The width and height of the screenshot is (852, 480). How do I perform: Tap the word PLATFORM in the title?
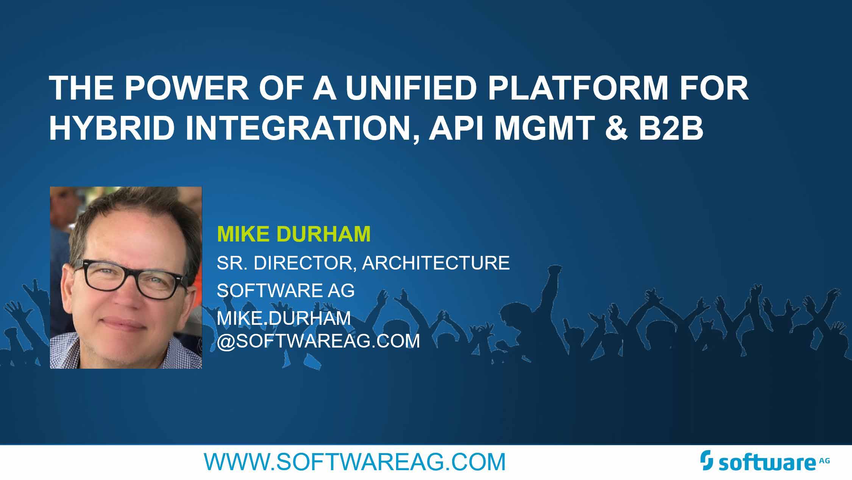pyautogui.click(x=578, y=88)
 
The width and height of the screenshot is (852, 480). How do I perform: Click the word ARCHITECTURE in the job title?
pyautogui.click(x=436, y=263)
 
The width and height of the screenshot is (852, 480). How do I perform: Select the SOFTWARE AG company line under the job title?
pyautogui.click(x=286, y=290)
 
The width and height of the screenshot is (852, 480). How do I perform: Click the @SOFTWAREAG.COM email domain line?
pyautogui.click(x=318, y=341)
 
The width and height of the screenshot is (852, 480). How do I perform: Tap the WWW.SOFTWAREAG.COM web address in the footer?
pyautogui.click(x=355, y=462)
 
